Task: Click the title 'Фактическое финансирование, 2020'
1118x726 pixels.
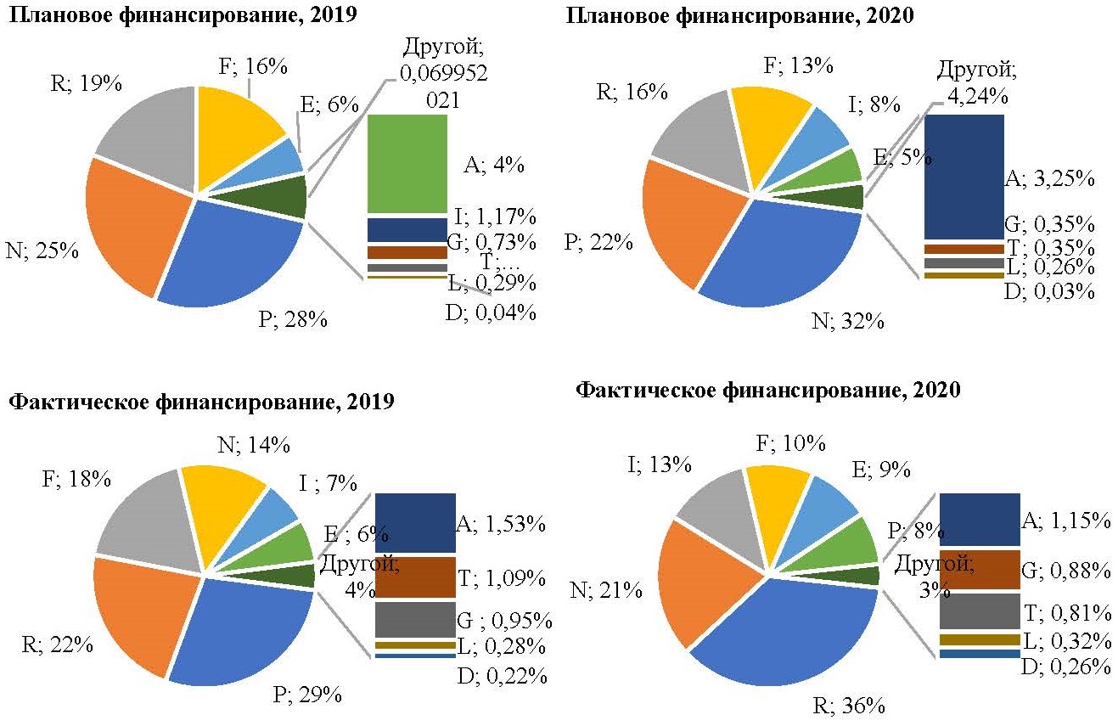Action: click(x=768, y=391)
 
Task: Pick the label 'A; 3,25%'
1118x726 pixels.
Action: click(x=1049, y=179)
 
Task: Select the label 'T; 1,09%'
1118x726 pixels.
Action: click(x=501, y=578)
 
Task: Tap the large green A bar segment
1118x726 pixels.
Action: click(x=407, y=163)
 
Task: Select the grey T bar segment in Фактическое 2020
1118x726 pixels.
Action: click(x=979, y=611)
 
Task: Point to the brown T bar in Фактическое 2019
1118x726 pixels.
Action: click(x=414, y=578)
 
